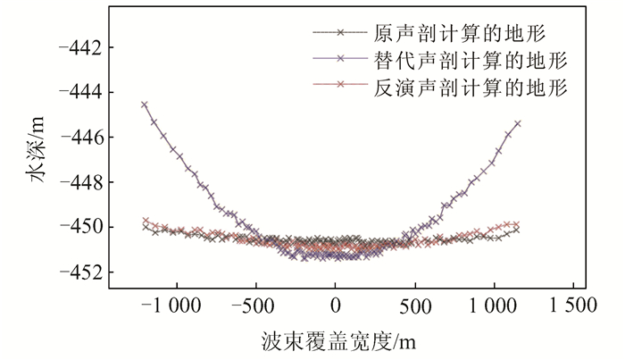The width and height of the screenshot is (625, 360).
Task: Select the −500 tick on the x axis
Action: click(x=254, y=306)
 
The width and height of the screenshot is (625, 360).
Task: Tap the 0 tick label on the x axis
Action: click(x=335, y=306)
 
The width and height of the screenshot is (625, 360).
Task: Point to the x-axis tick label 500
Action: click(x=415, y=306)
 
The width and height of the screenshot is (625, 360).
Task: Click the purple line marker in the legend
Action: click(x=339, y=60)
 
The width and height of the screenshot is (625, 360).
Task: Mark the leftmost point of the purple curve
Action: click(x=145, y=105)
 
